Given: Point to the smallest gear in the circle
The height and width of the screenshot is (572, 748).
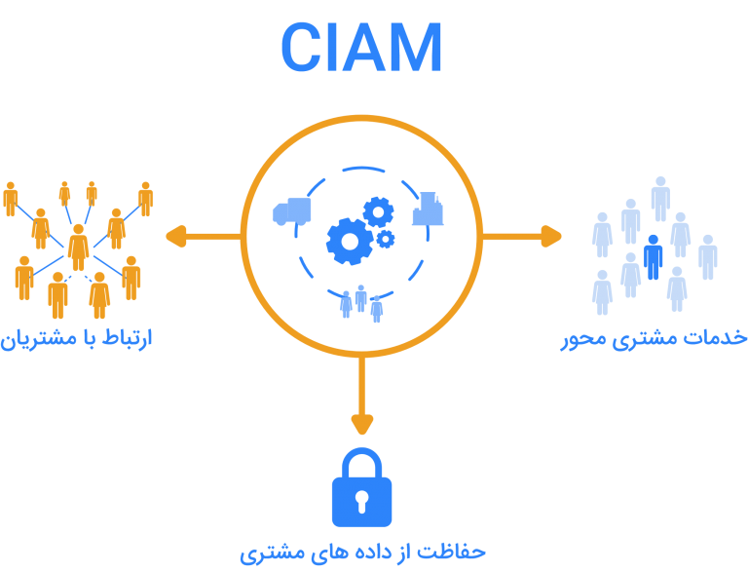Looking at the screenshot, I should (x=386, y=239).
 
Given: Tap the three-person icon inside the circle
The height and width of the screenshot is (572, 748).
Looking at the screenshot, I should (x=360, y=302).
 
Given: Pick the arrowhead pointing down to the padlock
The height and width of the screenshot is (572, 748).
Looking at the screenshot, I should (x=362, y=425).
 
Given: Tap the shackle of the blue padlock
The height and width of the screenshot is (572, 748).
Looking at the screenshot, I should (x=362, y=462).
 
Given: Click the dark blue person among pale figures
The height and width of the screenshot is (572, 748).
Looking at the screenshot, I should (x=654, y=255).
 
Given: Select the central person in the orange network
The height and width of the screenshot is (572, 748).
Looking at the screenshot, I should (x=79, y=247).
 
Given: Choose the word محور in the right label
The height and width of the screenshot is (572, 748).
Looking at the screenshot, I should (x=584, y=338).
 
